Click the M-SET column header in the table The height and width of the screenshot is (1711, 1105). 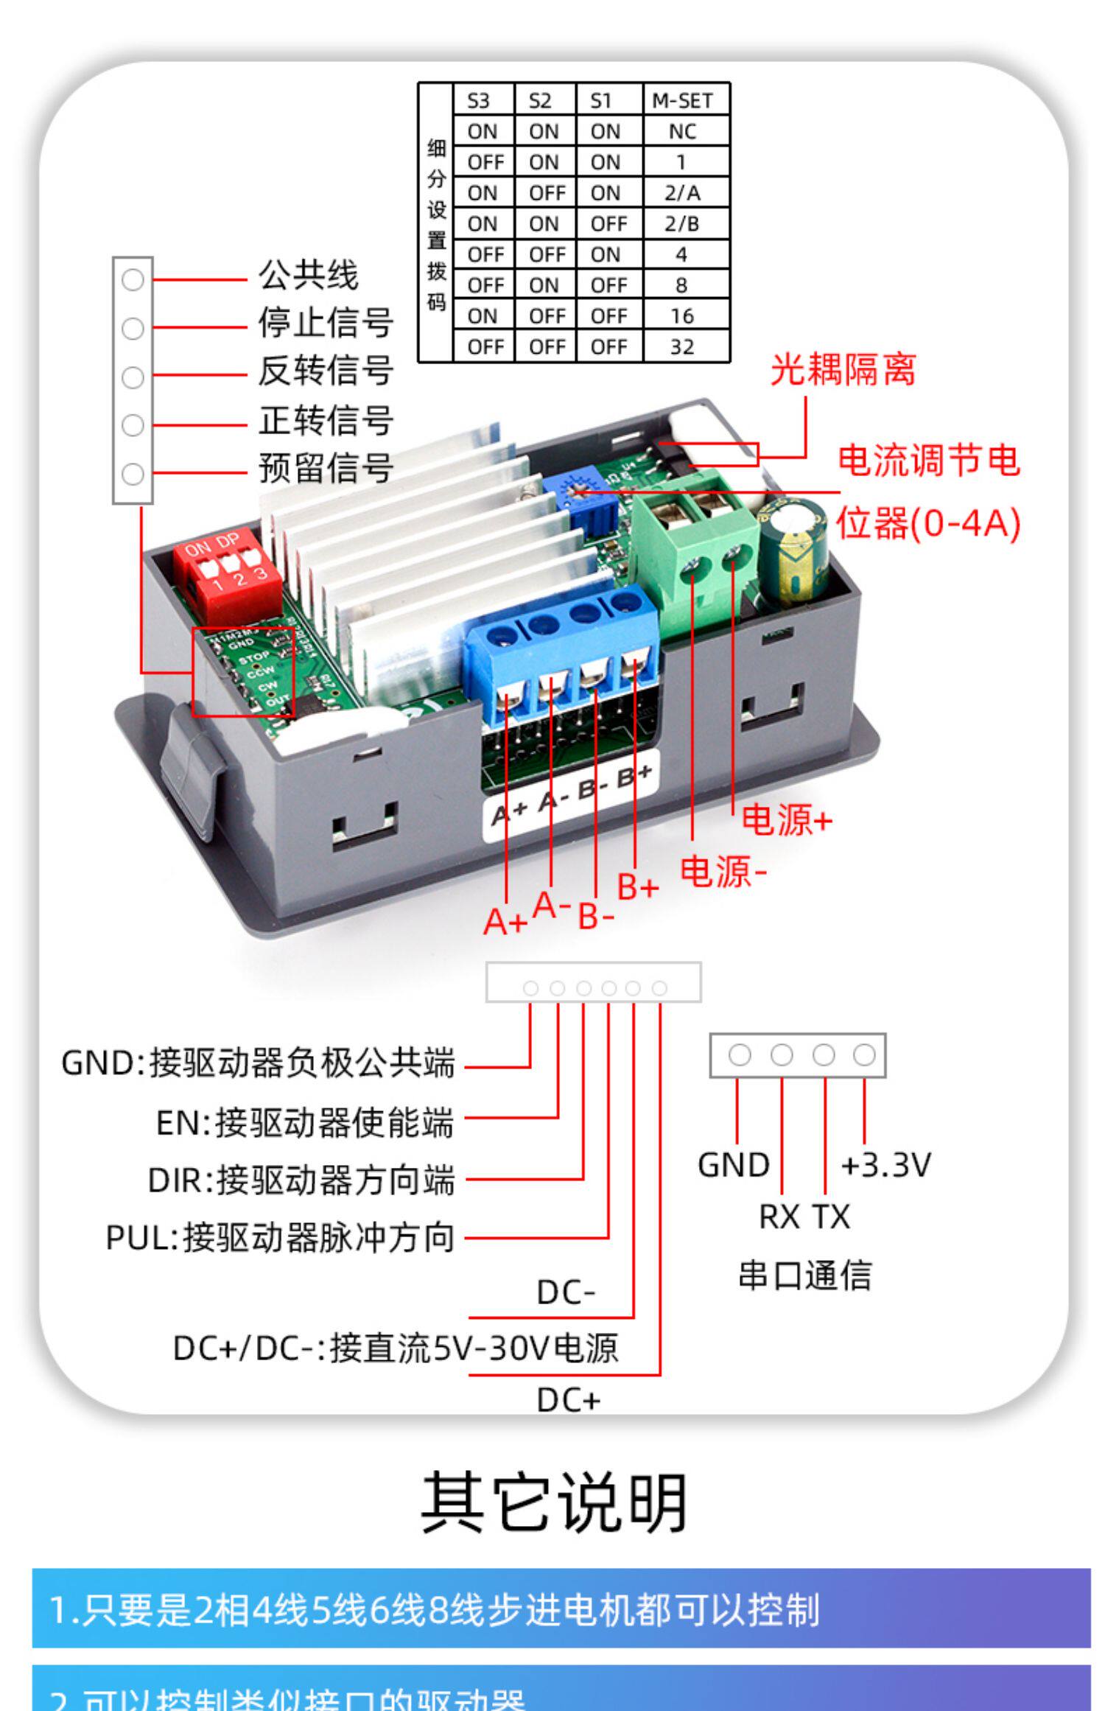(x=681, y=101)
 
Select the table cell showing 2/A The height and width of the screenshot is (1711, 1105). (x=681, y=193)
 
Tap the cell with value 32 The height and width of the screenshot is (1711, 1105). (x=681, y=346)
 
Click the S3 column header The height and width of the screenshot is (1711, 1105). (x=478, y=101)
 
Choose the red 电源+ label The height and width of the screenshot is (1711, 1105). (x=786, y=819)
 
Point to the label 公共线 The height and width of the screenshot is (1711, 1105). (x=308, y=276)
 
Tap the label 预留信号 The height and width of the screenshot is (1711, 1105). (x=326, y=468)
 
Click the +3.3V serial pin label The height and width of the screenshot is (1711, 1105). (x=885, y=1165)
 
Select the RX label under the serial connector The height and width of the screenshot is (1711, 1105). (x=779, y=1217)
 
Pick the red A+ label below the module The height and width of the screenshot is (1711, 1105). (x=505, y=921)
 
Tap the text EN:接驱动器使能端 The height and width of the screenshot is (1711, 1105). (x=304, y=1122)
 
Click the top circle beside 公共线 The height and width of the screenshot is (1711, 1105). (x=133, y=280)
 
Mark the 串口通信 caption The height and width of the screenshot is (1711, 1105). (x=804, y=1276)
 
